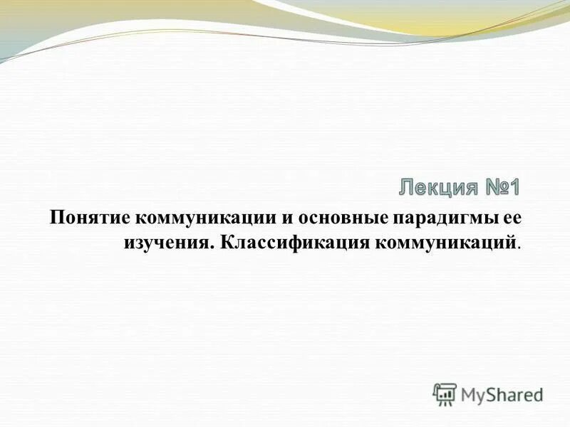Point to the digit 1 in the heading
[x=514, y=189]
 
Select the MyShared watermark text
[x=501, y=394]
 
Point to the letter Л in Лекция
[x=405, y=189]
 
